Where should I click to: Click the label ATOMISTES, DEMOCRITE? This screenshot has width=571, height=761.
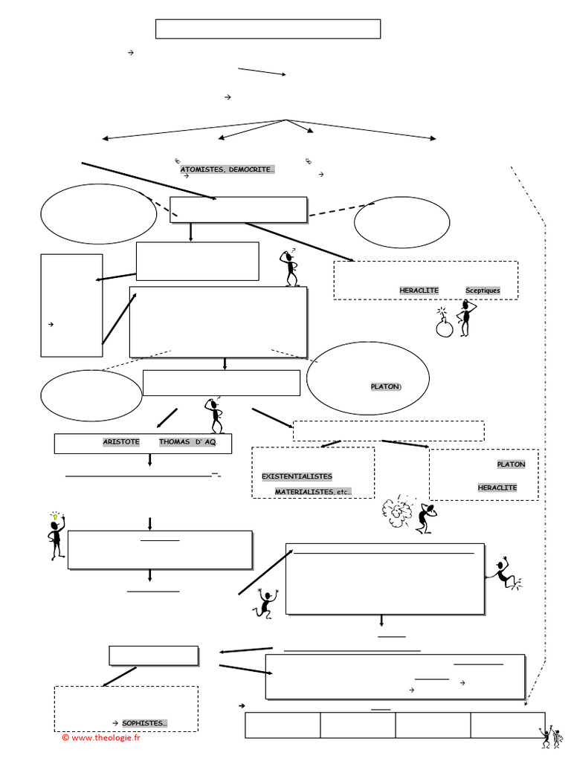[x=227, y=170]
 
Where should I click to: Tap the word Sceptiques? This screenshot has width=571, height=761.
[x=483, y=290]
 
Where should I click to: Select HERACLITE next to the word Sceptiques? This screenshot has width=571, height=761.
[x=419, y=290]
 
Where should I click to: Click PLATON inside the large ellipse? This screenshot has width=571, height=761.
[x=385, y=386]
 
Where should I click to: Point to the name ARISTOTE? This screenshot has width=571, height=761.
[x=121, y=442]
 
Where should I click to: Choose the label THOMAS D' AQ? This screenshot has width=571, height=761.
[x=187, y=442]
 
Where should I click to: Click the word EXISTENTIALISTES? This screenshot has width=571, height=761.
[x=297, y=476]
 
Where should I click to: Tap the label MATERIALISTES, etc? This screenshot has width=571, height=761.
[x=313, y=492]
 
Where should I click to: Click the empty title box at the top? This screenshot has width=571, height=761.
[x=268, y=29]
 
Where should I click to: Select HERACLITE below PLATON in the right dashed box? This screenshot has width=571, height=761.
[x=497, y=488]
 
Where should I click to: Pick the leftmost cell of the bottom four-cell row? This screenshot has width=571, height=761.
[x=283, y=725]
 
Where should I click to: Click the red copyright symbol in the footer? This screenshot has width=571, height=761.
[x=65, y=736]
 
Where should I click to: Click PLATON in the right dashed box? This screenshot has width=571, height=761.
[x=511, y=464]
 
